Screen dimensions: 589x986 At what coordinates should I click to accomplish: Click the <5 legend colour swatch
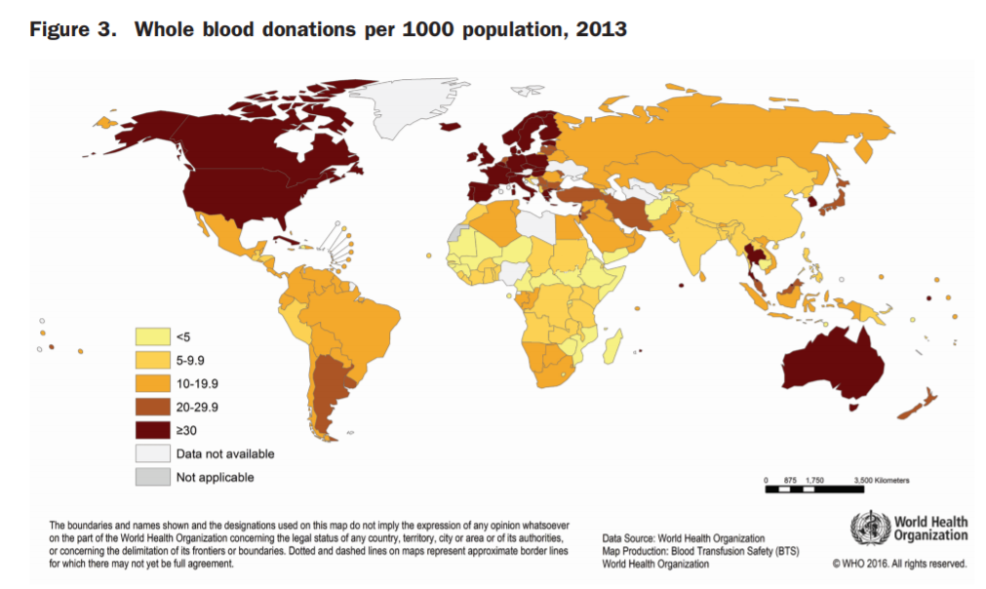click(x=149, y=336)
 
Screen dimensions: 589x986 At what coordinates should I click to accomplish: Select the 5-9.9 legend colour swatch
click(x=149, y=360)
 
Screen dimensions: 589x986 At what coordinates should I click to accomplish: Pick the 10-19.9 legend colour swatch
click(x=149, y=383)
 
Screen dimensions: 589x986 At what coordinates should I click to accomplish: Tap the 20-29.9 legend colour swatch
click(x=149, y=407)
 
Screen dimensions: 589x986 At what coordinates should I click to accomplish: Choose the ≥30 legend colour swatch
click(x=149, y=430)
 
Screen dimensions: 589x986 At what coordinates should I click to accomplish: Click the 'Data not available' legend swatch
click(x=149, y=453)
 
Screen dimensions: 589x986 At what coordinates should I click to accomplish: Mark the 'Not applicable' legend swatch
click(x=149, y=477)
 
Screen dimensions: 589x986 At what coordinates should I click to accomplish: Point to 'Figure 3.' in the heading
click(x=73, y=29)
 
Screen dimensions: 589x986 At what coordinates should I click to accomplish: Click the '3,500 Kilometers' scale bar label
click(x=882, y=480)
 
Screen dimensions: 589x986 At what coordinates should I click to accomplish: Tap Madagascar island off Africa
click(x=611, y=344)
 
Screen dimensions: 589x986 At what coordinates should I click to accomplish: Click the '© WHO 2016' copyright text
click(x=898, y=564)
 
